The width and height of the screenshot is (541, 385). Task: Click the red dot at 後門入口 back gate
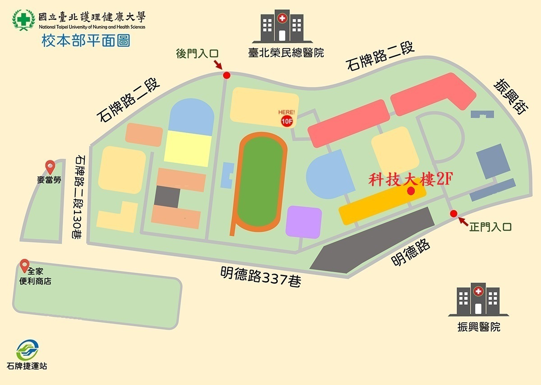tap(227, 75)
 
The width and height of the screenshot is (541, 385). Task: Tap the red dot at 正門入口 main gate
tap(454, 214)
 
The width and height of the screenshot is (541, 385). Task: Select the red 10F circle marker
tap(287, 120)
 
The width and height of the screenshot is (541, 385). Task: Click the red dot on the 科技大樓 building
tap(411, 191)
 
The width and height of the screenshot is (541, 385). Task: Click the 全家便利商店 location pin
tap(24, 266)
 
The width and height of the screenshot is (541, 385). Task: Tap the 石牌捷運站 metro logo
tap(27, 350)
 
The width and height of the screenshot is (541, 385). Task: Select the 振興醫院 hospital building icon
tap(478, 299)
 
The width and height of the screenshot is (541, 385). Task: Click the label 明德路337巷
tap(261, 276)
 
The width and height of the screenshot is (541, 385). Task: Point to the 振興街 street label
tap(510, 96)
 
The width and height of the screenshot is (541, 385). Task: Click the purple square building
tap(303, 221)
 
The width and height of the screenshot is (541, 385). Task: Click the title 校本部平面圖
tap(86, 41)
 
